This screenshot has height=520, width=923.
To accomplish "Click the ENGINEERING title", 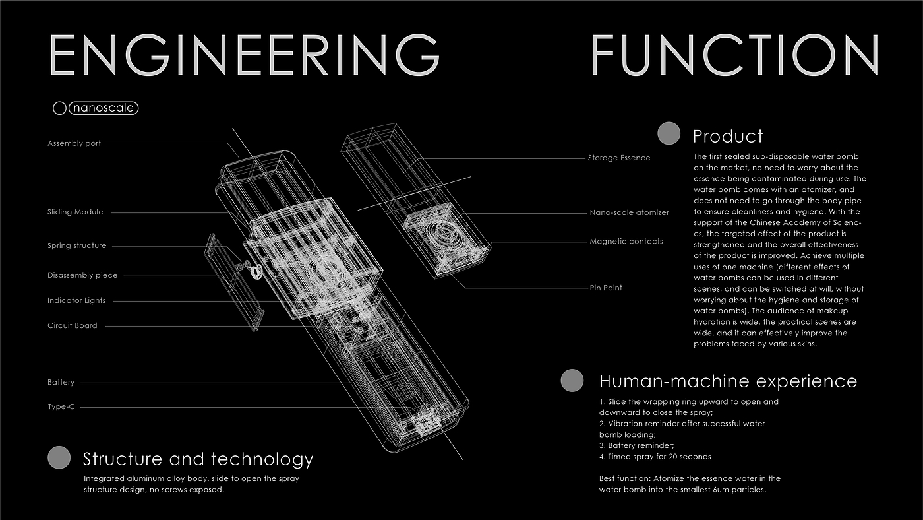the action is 244,55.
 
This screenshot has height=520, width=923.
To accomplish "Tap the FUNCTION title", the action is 734,55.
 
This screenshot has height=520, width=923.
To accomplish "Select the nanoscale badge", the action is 104,108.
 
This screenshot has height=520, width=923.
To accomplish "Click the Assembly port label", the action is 74,143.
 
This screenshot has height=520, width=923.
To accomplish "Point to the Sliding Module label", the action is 75,212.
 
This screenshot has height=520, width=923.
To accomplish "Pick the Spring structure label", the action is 76,245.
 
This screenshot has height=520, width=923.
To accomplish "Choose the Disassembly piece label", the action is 82,275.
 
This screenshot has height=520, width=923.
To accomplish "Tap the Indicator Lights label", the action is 76,300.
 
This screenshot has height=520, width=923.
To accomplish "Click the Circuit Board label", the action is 72,325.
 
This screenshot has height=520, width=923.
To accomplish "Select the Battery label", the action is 61,382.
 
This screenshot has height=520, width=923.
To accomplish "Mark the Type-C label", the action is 61,407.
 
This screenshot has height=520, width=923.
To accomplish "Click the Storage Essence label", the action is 619,158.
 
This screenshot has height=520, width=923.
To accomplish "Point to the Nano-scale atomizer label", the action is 629,212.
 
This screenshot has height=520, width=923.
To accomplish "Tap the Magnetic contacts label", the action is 626,241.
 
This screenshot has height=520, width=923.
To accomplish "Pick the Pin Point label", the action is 606,288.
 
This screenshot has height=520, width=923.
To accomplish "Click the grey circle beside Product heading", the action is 669,133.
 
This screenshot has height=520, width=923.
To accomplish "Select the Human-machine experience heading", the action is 728,381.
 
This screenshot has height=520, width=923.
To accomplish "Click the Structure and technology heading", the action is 198,459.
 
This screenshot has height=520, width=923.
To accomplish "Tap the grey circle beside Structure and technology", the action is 59,457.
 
